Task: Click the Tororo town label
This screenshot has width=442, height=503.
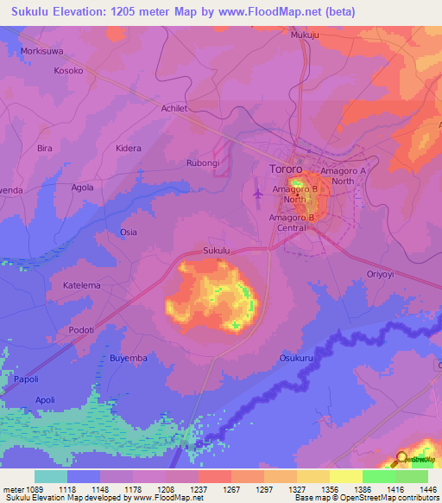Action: point(281,169)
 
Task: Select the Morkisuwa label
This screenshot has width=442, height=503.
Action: point(42,51)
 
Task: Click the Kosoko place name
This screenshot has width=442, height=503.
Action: point(67,71)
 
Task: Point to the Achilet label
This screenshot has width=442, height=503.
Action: point(174,108)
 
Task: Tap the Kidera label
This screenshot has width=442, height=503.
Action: point(129,148)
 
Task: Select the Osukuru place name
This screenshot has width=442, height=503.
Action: point(296,357)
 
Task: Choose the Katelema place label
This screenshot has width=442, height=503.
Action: point(82,284)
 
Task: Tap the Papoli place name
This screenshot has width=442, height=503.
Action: point(26,379)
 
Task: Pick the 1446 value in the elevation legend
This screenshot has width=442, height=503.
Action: point(427,489)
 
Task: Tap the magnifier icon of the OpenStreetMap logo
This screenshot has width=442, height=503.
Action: point(401,459)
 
